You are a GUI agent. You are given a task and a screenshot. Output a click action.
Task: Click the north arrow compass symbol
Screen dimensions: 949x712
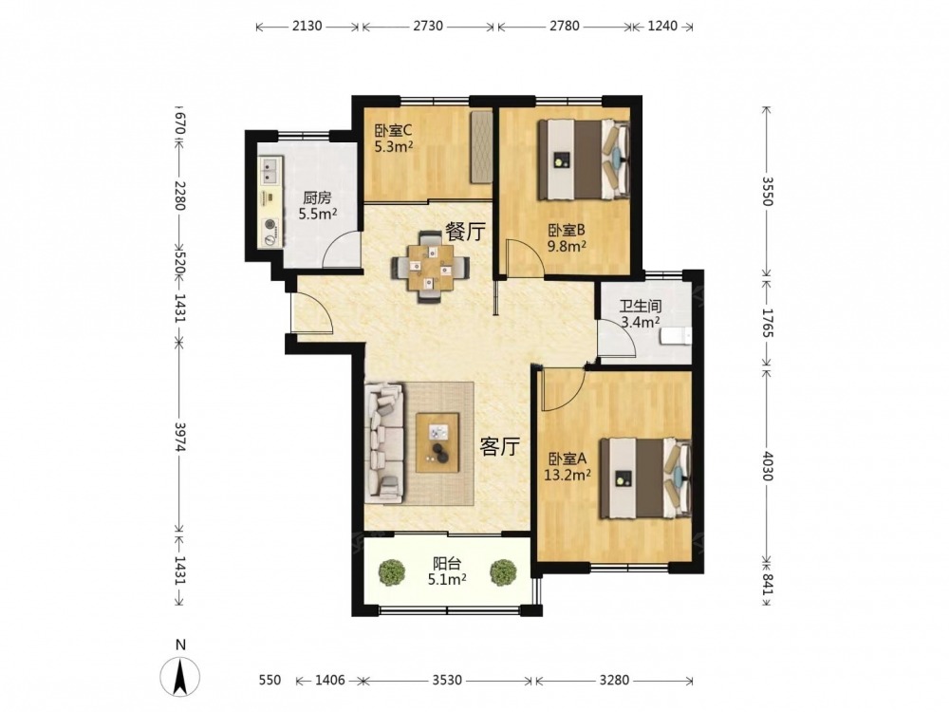tap(179, 676)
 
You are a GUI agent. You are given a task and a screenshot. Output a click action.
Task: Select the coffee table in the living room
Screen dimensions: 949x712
tap(437, 442)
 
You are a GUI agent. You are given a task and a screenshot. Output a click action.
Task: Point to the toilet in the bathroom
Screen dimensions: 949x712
tap(677, 336)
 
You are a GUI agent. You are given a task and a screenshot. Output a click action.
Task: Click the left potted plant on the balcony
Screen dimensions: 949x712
tap(392, 571)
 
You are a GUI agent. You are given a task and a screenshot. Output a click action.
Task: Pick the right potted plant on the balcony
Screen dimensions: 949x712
tap(503, 571)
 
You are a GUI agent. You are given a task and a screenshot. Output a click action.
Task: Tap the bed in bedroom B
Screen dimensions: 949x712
tap(584, 159)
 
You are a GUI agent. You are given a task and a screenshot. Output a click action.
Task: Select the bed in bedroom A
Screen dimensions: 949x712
tap(645, 478)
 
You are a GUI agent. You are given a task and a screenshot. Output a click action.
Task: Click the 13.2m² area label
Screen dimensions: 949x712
tap(568, 476)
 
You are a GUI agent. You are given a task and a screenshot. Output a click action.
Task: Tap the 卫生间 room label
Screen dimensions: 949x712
tap(641, 307)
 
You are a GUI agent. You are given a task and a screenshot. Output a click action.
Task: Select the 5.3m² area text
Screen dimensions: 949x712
tap(394, 146)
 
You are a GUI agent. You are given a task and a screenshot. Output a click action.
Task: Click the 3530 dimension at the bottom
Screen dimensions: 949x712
tap(447, 680)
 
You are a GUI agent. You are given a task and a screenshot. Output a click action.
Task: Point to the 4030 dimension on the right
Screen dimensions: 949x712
tap(767, 465)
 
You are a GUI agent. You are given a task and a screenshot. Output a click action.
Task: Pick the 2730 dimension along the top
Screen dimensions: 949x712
tap(427, 26)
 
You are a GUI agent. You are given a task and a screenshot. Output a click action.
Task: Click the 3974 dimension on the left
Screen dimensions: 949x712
tap(179, 437)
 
